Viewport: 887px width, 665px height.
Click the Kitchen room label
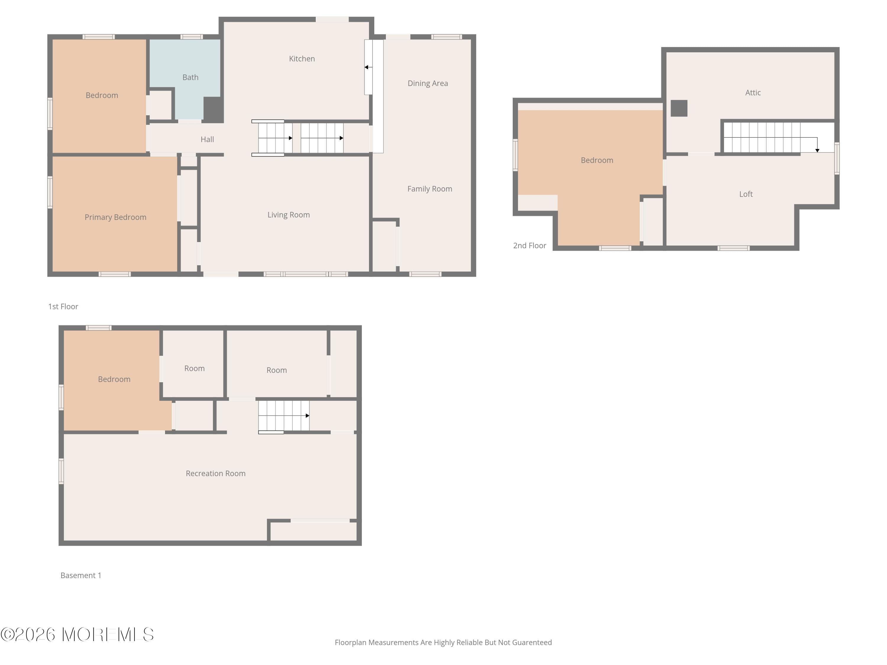click(302, 59)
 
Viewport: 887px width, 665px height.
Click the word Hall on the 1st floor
click(207, 140)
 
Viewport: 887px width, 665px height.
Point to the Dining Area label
click(428, 83)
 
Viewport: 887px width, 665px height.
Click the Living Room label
click(288, 215)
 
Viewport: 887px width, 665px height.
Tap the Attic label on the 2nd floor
click(753, 93)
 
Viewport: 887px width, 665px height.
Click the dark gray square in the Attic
click(679, 108)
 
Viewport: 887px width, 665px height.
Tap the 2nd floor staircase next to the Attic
click(762, 137)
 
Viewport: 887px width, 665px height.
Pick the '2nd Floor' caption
click(529, 246)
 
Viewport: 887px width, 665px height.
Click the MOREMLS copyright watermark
click(77, 635)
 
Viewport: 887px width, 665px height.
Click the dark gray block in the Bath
click(213, 109)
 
